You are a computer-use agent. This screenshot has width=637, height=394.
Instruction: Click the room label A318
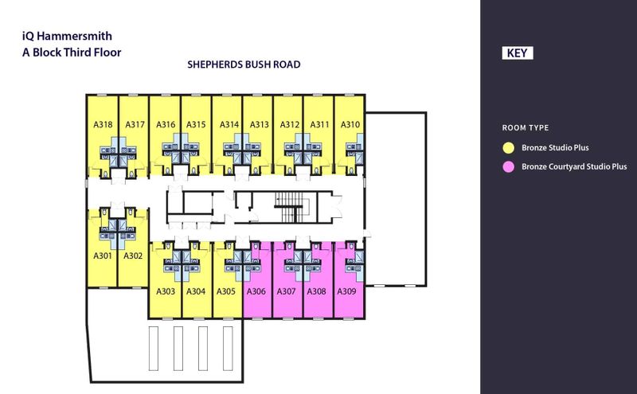pos(103,124)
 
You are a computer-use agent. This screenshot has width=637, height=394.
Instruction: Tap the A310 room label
pos(350,124)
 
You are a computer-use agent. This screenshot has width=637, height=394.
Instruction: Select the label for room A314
pos(229,124)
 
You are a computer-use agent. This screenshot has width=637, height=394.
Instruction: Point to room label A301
pos(103,256)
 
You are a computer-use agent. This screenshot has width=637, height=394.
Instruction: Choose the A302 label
pos(133,256)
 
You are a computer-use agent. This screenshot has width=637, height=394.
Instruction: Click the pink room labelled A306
pos(256,291)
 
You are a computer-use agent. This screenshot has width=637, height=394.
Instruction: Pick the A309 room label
pos(347,291)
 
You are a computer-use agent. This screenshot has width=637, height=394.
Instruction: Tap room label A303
pos(166,291)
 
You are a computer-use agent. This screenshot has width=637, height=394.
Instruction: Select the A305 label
pos(226,291)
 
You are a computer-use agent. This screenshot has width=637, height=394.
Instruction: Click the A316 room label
pos(166,124)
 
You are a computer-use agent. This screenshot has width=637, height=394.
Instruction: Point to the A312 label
pos(290,124)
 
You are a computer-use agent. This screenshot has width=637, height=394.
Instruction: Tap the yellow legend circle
pos(506,147)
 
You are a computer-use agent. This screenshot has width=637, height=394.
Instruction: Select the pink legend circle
pos(506,167)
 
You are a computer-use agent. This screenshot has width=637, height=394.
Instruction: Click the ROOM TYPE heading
pos(526,128)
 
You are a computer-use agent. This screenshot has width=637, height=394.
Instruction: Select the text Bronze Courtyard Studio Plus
pos(574,167)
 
